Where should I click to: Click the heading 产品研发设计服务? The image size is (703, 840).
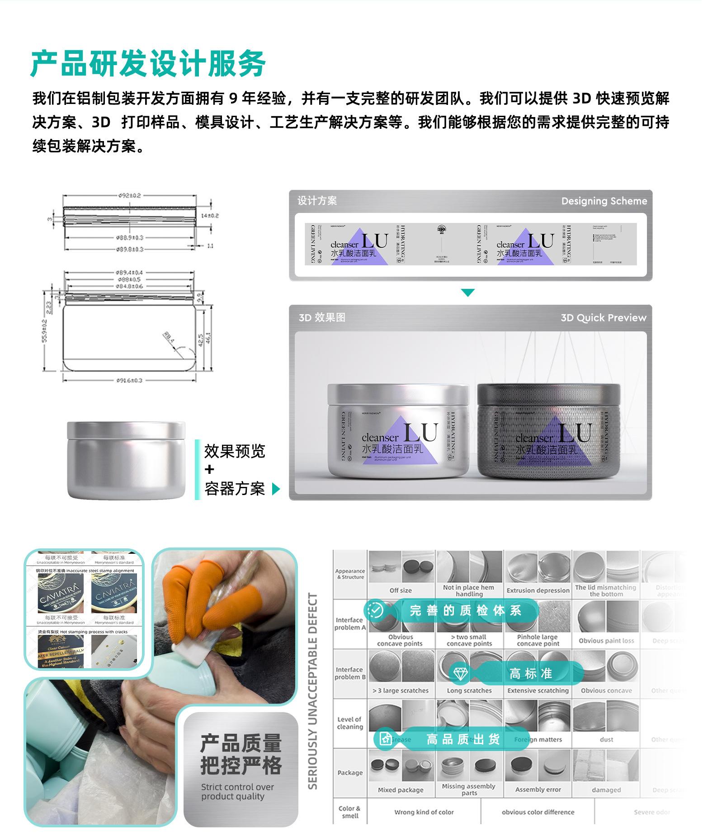[x=148, y=64]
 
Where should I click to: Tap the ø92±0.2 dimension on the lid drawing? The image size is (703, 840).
[x=130, y=196]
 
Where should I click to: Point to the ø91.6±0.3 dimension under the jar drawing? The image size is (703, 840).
[x=130, y=380]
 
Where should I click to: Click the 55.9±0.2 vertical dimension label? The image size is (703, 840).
[x=44, y=331]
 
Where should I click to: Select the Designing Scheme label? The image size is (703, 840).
[x=604, y=201]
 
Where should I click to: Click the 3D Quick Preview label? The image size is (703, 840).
[x=603, y=318]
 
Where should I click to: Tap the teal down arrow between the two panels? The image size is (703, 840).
[x=467, y=293]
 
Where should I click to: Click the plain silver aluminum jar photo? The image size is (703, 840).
[x=126, y=460]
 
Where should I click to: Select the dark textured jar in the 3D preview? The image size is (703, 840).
[x=548, y=432]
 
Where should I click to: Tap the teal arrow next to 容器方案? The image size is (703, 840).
[x=276, y=489]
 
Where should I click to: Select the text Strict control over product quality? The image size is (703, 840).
[x=237, y=792]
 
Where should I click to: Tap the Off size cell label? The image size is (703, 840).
[x=401, y=590]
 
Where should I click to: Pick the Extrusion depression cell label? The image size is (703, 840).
[x=538, y=590]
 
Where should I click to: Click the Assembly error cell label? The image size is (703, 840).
[x=538, y=789]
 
